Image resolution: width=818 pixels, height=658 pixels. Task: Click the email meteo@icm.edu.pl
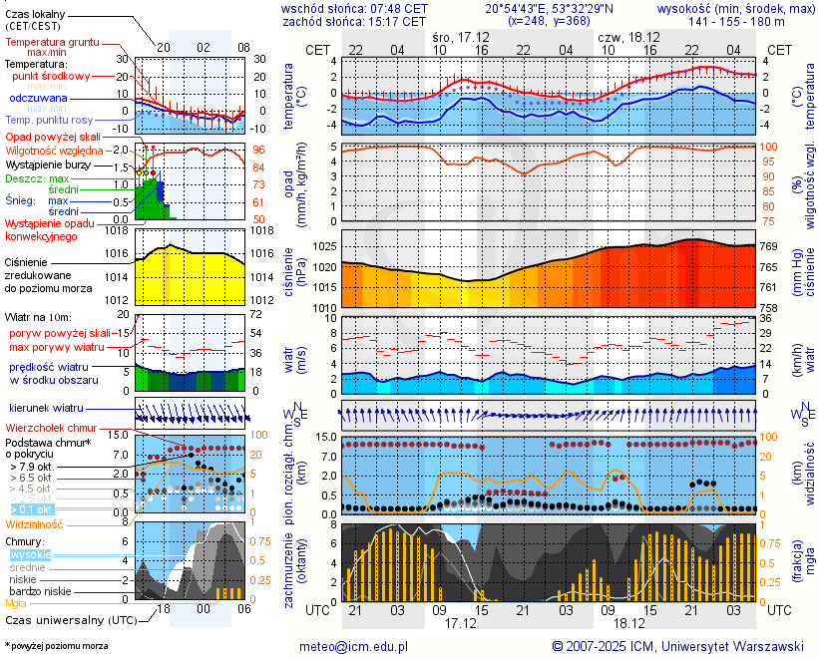pos(354,646)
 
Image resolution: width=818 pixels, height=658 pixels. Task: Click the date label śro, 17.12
pos(461,36)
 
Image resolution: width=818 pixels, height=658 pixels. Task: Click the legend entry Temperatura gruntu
pos(52,43)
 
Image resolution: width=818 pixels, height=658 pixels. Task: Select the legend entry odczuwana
pos(38,99)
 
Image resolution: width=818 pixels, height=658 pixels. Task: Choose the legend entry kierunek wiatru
pos(46,409)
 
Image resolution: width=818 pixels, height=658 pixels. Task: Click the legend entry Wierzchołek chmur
pos(50,427)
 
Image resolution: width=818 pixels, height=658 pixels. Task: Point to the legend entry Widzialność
pos(35,523)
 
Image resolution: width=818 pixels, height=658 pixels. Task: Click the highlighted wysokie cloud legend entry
pos(30,554)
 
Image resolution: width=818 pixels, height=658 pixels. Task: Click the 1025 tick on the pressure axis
pos(324,246)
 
